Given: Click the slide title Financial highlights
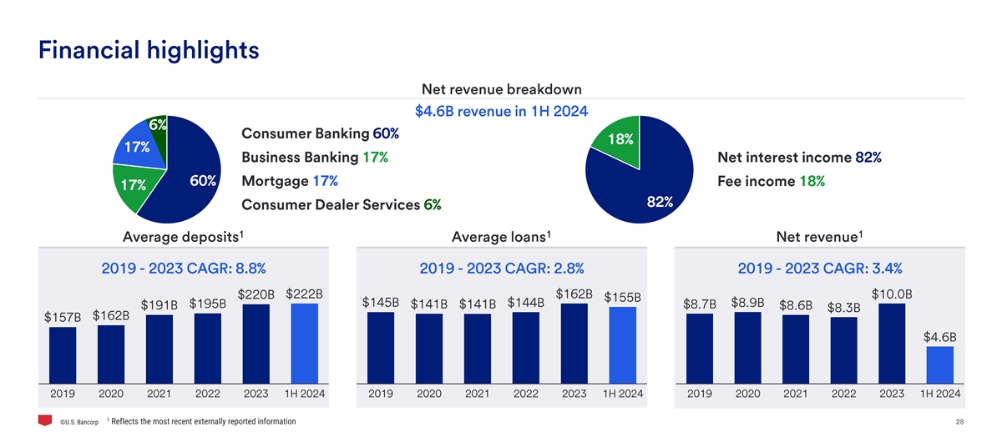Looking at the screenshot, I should [x=149, y=50].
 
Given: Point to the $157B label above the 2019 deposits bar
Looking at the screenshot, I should [x=63, y=317].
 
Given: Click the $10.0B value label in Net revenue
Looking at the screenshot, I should [x=892, y=294].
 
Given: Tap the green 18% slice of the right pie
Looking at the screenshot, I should [x=616, y=142].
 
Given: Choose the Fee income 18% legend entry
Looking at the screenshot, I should [x=771, y=182].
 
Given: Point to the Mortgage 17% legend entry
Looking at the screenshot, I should [x=289, y=182].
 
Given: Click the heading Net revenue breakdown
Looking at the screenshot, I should [x=502, y=89].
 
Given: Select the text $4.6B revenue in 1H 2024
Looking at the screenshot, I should [x=502, y=111].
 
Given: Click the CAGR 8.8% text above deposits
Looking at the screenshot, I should [x=184, y=268].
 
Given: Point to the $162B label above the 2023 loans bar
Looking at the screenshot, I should [x=574, y=294].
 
